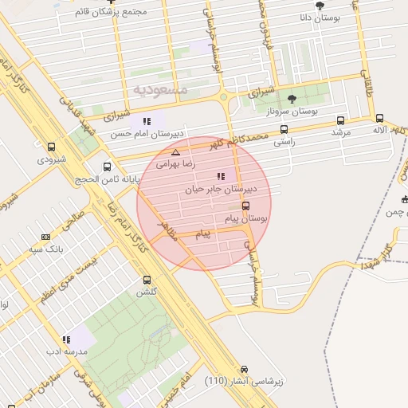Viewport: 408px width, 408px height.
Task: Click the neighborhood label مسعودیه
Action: click(161, 90)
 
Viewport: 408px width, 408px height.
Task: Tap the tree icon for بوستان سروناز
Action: click(292, 99)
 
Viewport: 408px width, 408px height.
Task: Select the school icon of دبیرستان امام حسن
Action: click(146, 120)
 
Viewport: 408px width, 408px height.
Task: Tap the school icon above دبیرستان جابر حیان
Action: click(221, 176)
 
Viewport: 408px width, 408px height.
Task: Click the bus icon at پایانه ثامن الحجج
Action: click(108, 167)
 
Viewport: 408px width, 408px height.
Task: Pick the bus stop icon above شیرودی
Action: click(52, 147)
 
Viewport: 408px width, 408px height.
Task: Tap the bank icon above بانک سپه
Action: click(45, 237)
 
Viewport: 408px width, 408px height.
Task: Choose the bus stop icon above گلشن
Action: click(146, 280)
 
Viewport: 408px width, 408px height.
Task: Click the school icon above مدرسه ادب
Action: click(65, 339)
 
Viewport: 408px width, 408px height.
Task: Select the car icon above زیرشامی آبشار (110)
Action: click(244, 369)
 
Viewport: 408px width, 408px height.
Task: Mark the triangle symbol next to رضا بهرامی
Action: click(175, 151)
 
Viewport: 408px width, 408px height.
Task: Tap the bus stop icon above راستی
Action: click(284, 129)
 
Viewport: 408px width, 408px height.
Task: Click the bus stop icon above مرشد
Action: click(340, 121)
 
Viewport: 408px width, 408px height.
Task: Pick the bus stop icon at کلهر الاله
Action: click(379, 117)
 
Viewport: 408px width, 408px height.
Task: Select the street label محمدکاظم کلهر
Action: click(240, 141)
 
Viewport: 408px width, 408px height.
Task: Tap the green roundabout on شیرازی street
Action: click(224, 98)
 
